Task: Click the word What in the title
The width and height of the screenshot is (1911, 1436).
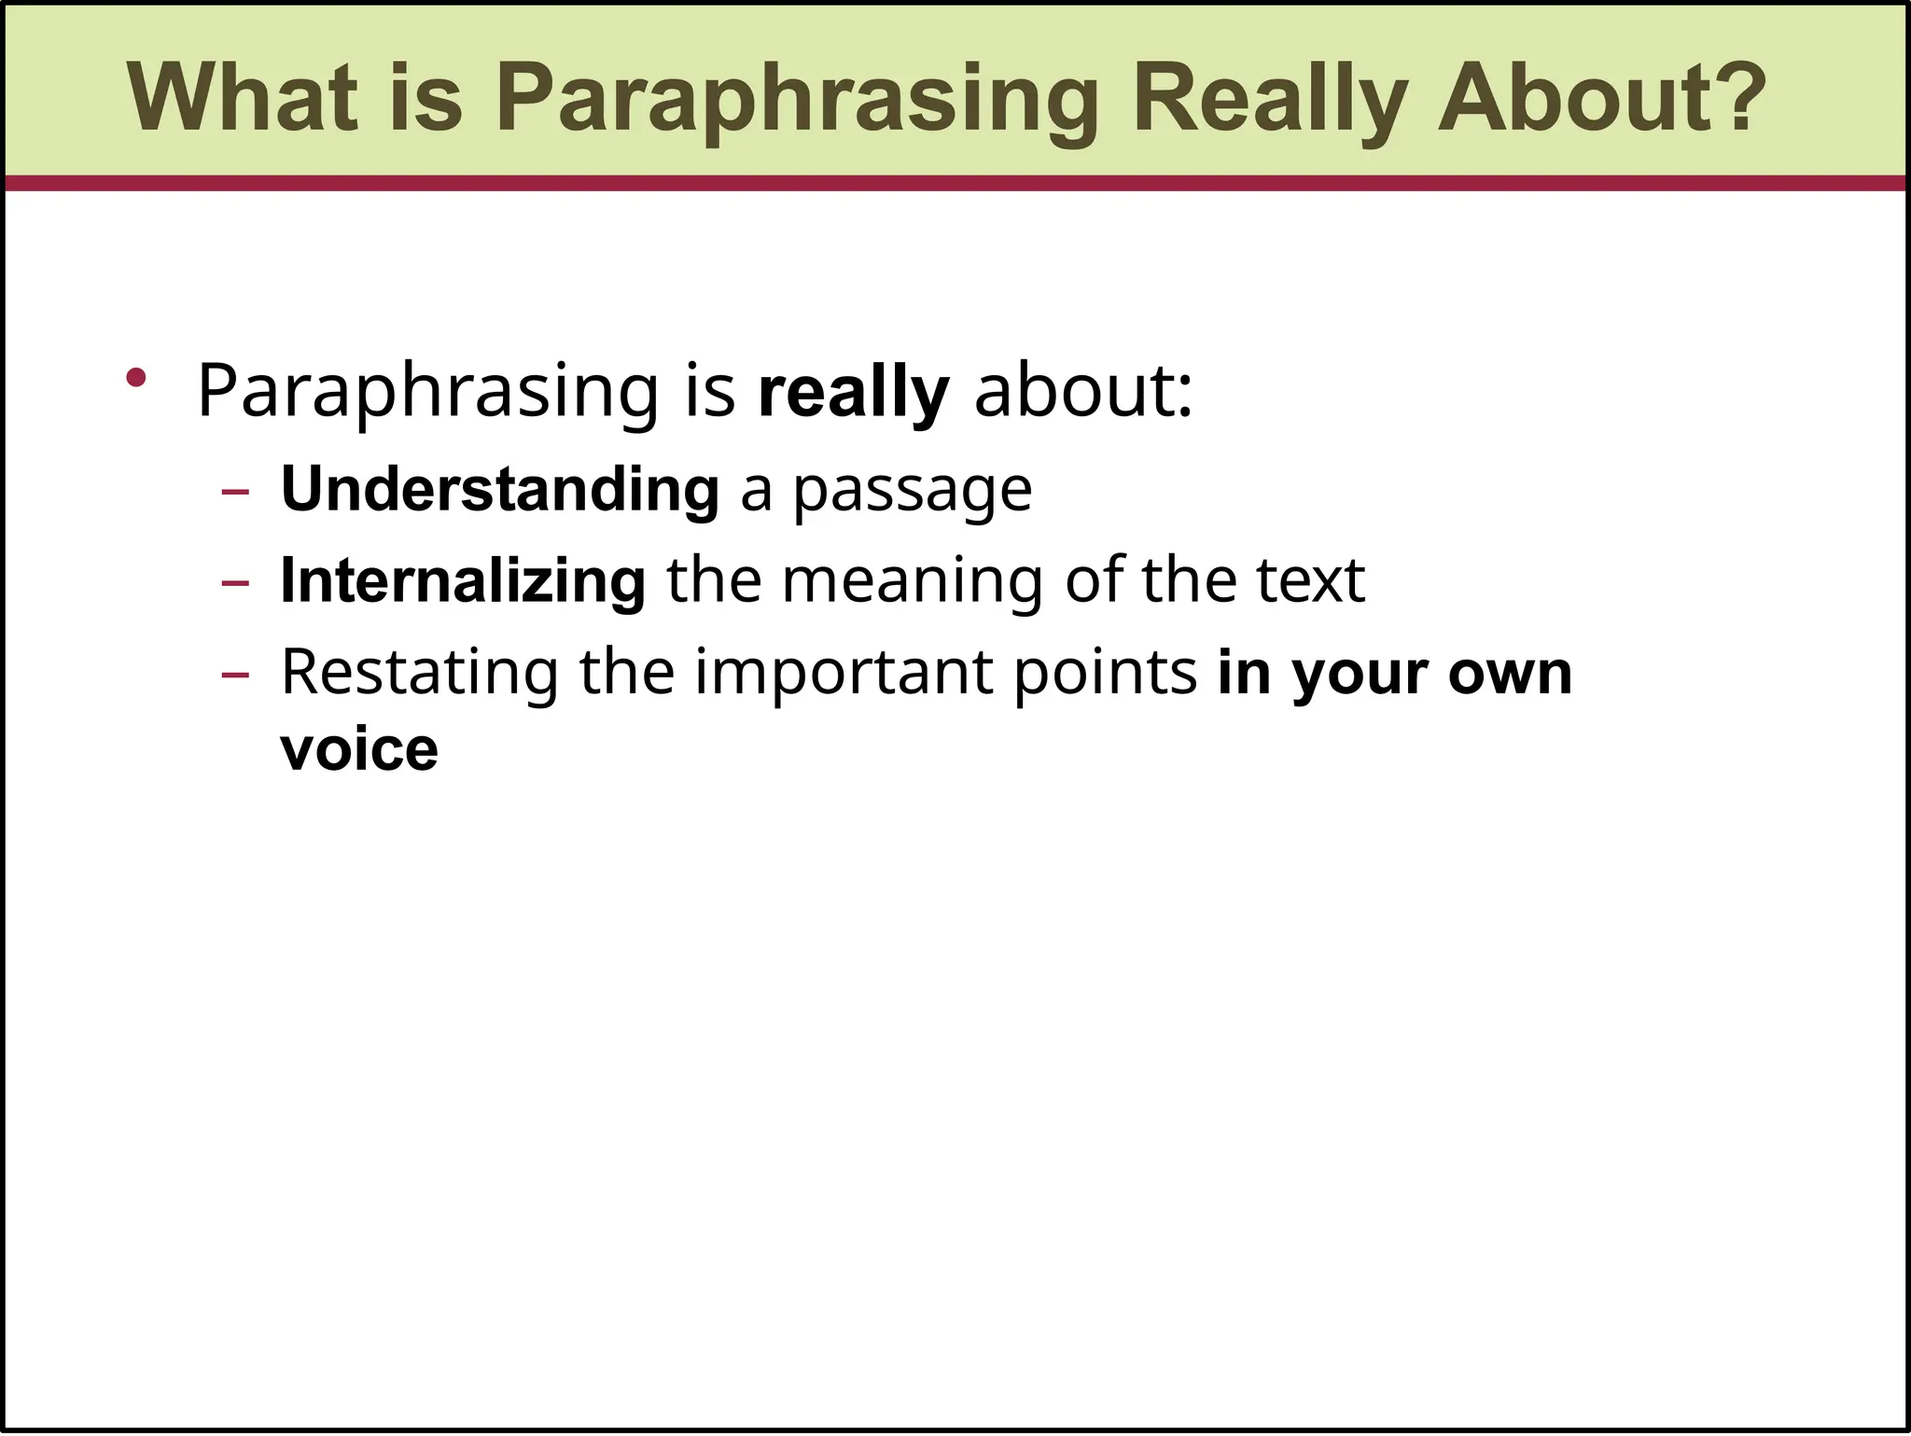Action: [x=243, y=98]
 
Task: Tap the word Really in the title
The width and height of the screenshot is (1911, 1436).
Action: [x=1270, y=98]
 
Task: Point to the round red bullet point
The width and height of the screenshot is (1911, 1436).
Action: [x=137, y=377]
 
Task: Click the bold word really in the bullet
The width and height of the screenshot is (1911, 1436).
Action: [x=854, y=392]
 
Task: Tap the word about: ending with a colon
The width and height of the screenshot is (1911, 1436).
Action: [x=1082, y=392]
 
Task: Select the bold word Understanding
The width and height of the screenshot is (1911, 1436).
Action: [x=500, y=489]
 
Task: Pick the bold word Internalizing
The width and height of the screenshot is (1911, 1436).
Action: [x=463, y=580]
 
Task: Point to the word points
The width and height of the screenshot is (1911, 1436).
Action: [x=1105, y=672]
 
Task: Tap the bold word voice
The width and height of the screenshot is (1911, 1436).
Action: [x=359, y=749]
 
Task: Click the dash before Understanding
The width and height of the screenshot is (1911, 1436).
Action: [x=236, y=492]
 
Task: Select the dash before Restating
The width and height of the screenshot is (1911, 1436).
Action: [x=236, y=675]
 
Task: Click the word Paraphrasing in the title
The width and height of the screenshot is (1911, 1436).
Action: [x=798, y=98]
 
